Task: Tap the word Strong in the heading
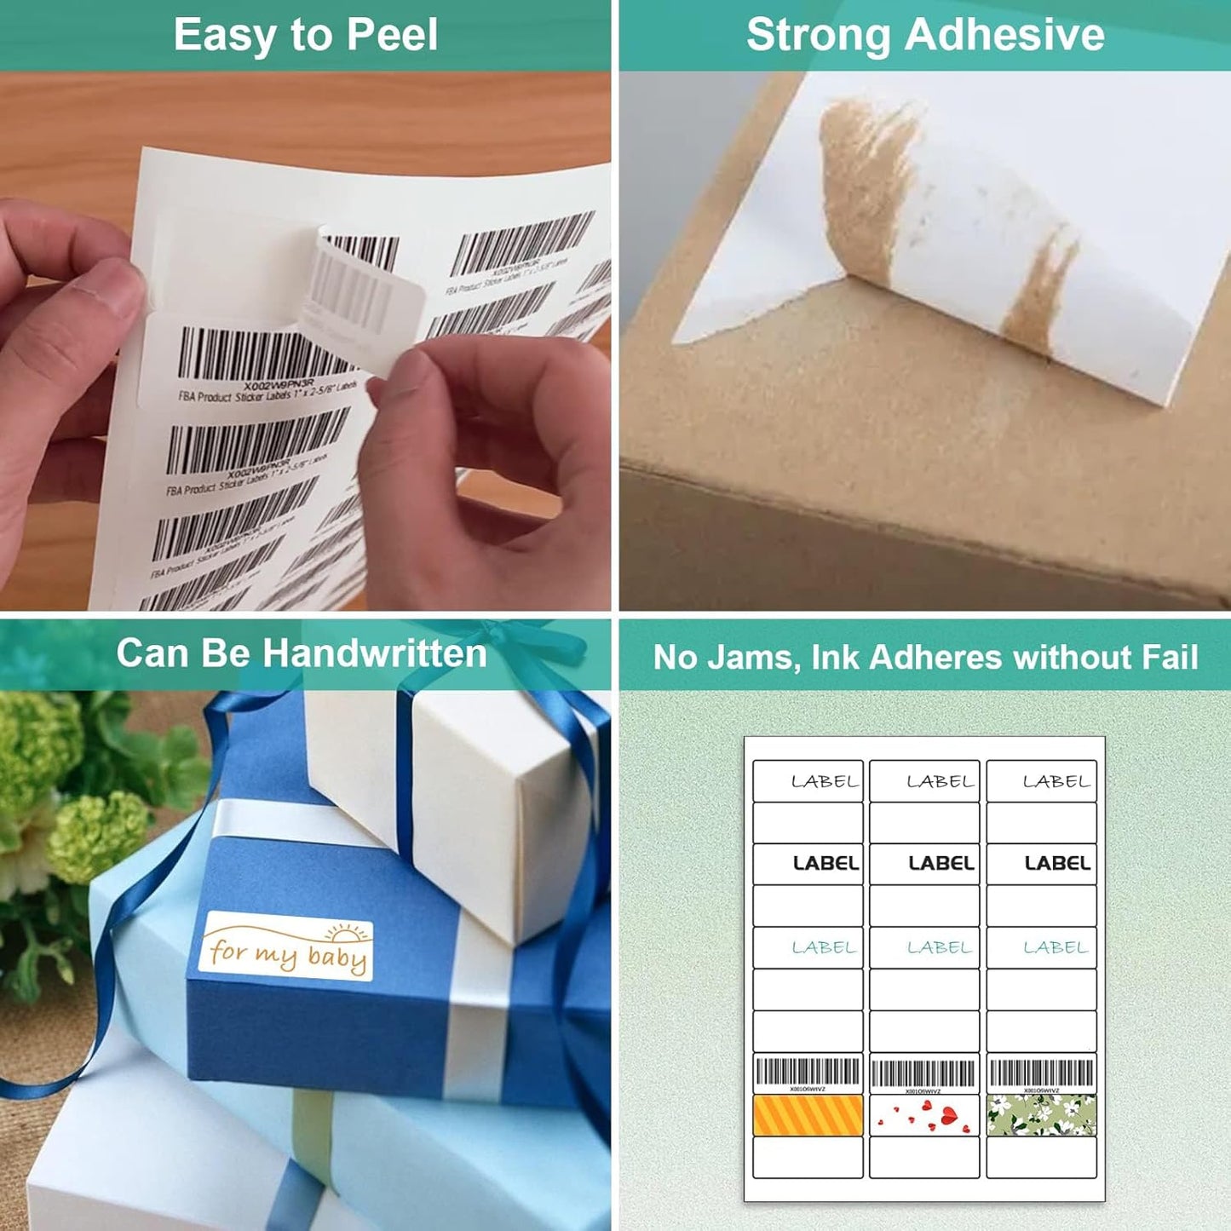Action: point(818,35)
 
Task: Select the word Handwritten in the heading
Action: point(374,653)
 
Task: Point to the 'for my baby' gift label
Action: point(287,946)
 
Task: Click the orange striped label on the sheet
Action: point(808,1115)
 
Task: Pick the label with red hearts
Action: point(924,1115)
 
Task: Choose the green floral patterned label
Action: point(1041,1115)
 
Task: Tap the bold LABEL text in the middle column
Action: point(941,863)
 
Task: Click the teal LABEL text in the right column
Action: point(1056,946)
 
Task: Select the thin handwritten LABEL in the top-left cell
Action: point(825,781)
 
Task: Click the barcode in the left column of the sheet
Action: point(808,1072)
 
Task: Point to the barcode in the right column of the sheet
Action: point(1041,1072)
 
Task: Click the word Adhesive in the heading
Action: point(1004,35)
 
